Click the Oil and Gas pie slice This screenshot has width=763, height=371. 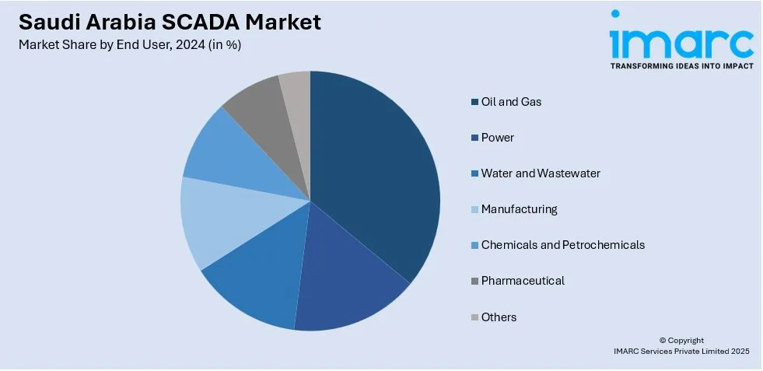tap(373, 171)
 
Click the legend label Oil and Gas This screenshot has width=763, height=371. tap(511, 102)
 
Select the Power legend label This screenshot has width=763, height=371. tap(497, 138)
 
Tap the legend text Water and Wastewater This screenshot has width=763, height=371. tap(541, 173)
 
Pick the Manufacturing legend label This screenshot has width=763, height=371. tap(519, 209)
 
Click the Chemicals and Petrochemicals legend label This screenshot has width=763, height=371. tap(562, 245)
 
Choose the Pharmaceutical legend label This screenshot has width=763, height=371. tap(523, 281)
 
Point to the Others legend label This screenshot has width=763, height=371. tap(499, 317)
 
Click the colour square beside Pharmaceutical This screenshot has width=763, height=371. tap(474, 281)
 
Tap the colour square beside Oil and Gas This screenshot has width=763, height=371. tap(474, 102)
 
